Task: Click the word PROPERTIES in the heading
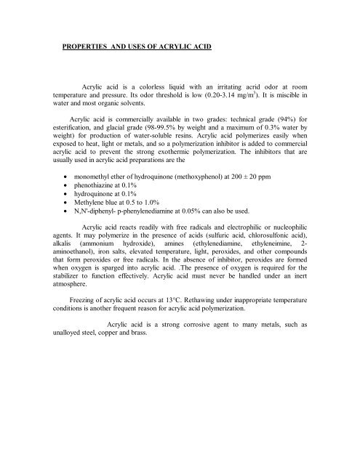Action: (87, 54)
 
